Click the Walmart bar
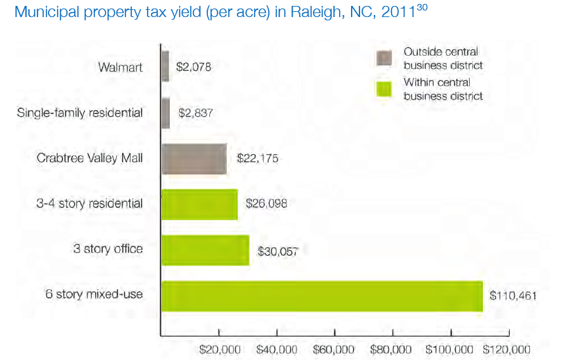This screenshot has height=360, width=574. (165, 66)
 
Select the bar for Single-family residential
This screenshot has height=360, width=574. (166, 113)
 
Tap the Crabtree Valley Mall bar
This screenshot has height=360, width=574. (194, 159)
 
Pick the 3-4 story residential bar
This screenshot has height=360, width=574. (199, 204)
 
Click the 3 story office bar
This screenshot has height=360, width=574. (205, 250)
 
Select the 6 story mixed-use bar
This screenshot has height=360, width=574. (321, 296)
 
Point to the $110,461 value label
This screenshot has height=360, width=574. (513, 296)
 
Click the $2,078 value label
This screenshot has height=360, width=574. (194, 66)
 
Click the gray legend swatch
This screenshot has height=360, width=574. (384, 58)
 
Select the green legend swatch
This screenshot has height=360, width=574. (384, 89)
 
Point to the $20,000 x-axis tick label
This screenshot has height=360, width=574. (220, 349)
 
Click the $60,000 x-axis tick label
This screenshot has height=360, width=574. (334, 349)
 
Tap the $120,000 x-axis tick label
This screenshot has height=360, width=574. (506, 349)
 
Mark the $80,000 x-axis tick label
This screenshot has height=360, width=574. (392, 349)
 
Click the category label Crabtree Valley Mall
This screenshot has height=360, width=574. (91, 159)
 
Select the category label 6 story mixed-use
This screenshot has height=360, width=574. (94, 294)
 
